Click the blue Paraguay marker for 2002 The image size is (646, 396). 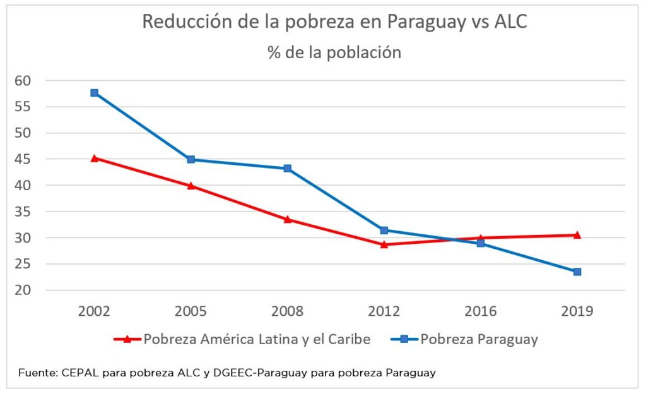pyautogui.click(x=95, y=93)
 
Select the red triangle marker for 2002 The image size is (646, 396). pyautogui.click(x=95, y=159)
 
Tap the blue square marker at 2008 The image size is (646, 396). pyautogui.click(x=288, y=169)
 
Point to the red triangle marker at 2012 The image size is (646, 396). pyautogui.click(x=384, y=244)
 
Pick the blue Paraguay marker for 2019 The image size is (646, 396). pyautogui.click(x=577, y=272)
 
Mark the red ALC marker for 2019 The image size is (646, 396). pyautogui.click(x=577, y=235)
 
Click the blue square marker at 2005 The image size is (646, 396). pyautogui.click(x=191, y=159)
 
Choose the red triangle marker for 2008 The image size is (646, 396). pyautogui.click(x=288, y=220)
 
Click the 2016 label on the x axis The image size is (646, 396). pyautogui.click(x=481, y=311)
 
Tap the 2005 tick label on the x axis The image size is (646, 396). pyautogui.click(x=191, y=311)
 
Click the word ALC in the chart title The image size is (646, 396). pyautogui.click(x=509, y=21)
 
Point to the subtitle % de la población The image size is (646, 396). pyautogui.click(x=334, y=52)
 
